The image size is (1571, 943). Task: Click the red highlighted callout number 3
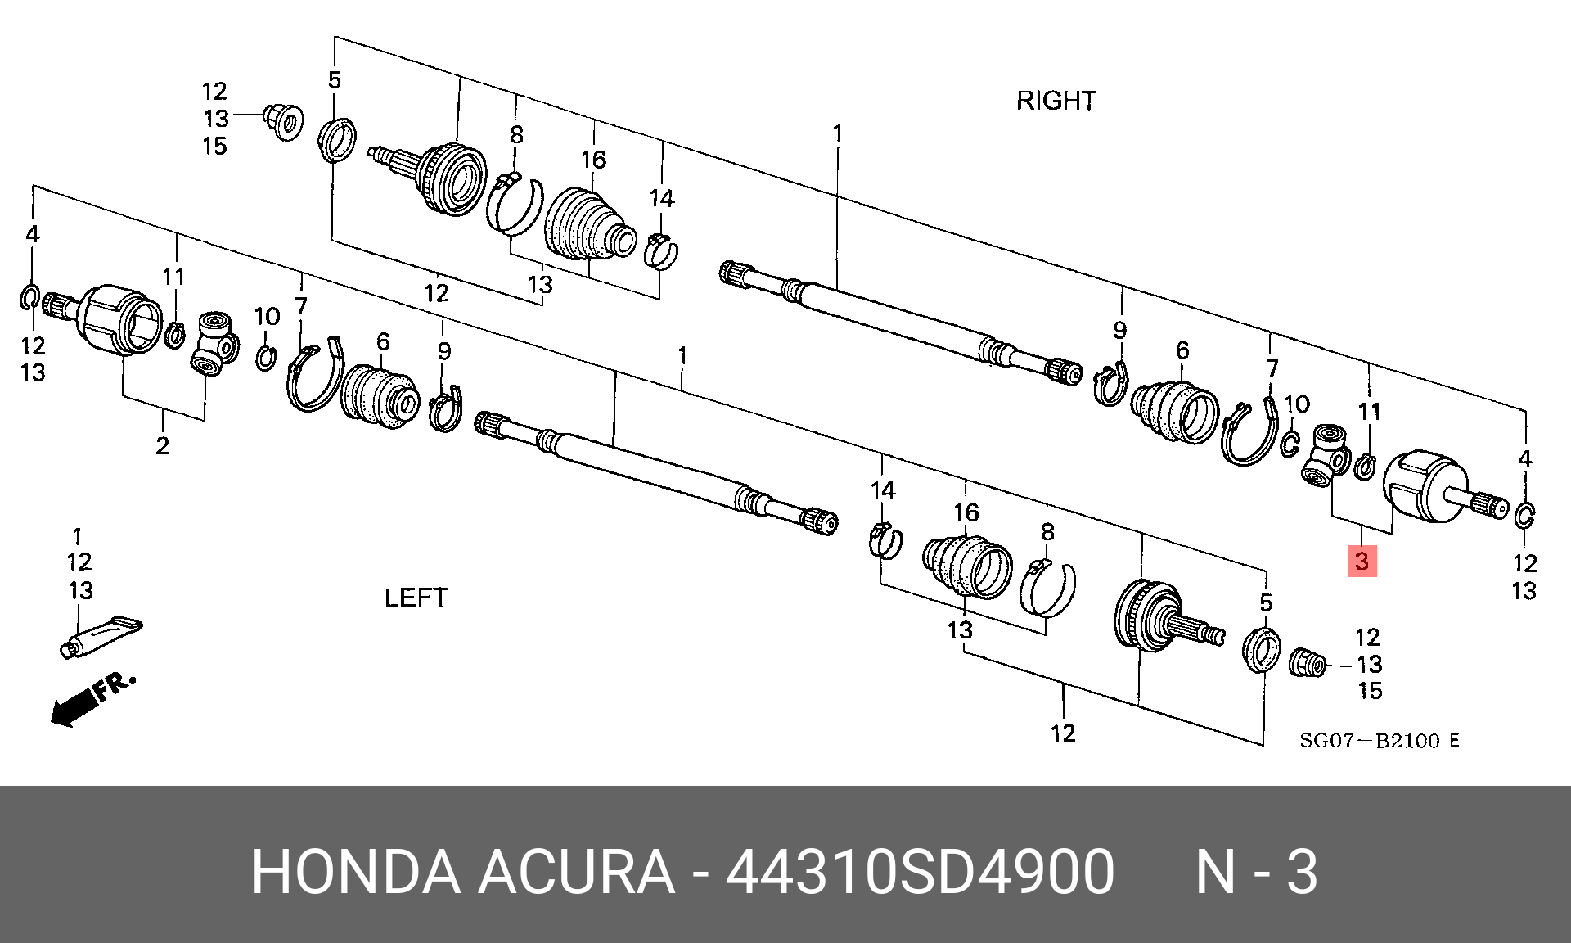1362,562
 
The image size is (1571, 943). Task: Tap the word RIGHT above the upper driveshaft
1056,101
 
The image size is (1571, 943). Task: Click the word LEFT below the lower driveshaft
416,598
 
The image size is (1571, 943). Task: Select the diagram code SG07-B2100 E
1380,741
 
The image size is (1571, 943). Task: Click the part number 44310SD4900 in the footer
920,872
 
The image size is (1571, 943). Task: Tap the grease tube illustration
101,637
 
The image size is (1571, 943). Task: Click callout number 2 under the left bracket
163,446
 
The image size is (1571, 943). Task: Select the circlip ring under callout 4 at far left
29,297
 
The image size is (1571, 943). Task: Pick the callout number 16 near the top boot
594,160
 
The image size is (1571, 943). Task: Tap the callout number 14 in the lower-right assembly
882,491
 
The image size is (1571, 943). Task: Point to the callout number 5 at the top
335,80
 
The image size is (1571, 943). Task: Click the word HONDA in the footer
356,872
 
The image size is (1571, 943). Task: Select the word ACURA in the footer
576,872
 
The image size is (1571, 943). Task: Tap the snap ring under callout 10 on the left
265,358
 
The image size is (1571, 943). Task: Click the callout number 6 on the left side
383,341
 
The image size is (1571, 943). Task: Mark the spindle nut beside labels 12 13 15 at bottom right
1306,662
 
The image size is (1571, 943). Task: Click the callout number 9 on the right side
1119,331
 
